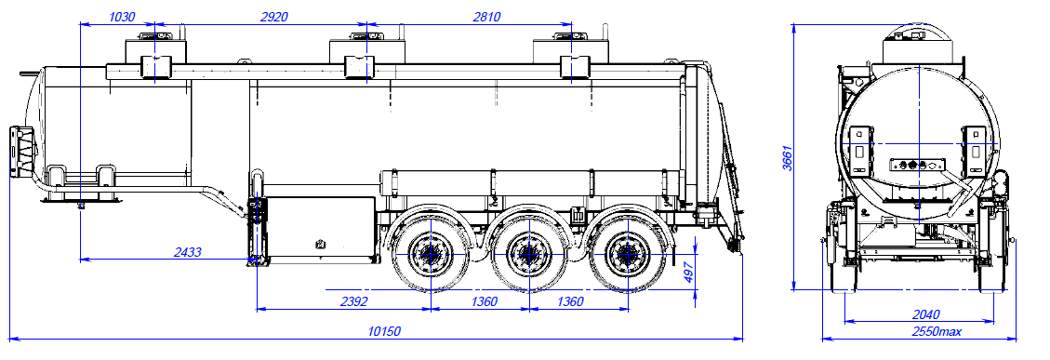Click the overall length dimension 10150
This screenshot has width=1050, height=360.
point(384,331)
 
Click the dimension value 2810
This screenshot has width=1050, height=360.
point(486,17)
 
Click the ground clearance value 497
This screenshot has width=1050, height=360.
point(688,272)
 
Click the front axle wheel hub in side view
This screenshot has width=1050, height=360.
point(430,252)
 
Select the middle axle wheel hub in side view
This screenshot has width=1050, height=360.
point(528,252)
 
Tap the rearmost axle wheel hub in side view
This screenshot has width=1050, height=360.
point(625,252)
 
